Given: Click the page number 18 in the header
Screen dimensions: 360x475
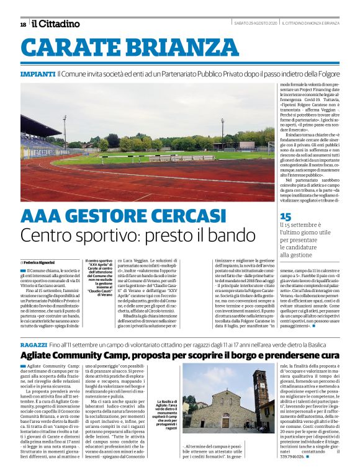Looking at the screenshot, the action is click(x=23, y=24).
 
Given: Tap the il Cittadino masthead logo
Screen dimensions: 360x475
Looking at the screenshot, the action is click(x=56, y=24).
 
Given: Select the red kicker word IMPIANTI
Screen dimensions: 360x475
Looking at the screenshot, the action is click(x=38, y=74).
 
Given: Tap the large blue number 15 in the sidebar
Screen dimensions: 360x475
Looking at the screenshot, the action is click(x=286, y=216).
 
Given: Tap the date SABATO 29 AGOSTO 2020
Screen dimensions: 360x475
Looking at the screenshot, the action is click(x=254, y=24).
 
